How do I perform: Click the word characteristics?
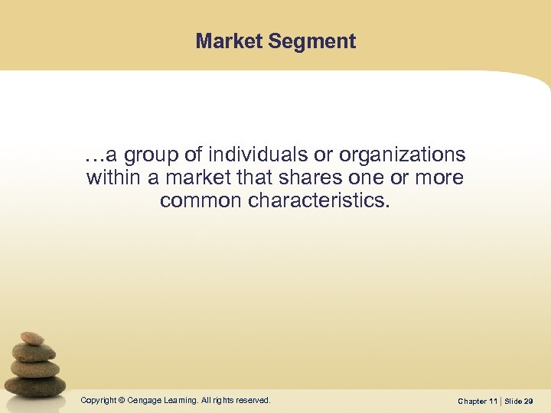coord(325,202)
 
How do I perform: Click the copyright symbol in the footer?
coord(122,400)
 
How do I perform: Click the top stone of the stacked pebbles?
coord(31,338)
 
